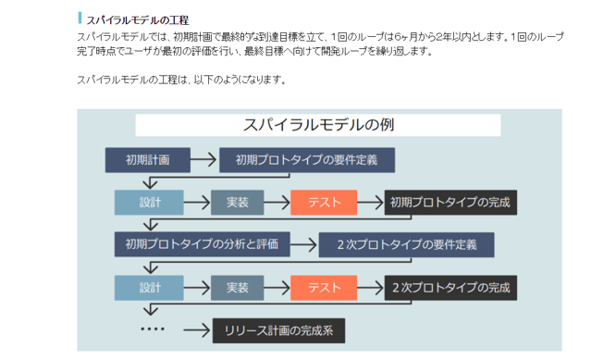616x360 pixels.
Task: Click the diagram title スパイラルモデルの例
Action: pyautogui.click(x=317, y=125)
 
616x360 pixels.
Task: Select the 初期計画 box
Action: pyautogui.click(x=147, y=159)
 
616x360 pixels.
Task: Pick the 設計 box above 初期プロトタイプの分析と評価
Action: pyautogui.click(x=149, y=202)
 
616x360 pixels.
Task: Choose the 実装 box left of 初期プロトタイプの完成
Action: pyautogui.click(x=237, y=202)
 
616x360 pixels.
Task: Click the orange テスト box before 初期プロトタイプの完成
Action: pyautogui.click(x=323, y=202)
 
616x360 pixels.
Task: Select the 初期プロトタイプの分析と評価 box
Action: pyautogui.click(x=202, y=244)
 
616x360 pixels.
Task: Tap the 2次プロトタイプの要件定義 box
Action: pyautogui.click(x=407, y=244)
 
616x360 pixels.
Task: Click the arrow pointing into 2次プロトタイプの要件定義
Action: pyautogui.click(x=303, y=244)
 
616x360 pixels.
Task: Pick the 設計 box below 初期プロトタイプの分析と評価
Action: pyautogui.click(x=149, y=287)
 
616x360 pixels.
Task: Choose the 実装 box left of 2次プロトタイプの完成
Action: pyautogui.click(x=237, y=287)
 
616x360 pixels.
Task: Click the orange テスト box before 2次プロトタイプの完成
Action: pyautogui.click(x=323, y=287)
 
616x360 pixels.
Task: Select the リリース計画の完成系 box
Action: pyautogui.click(x=279, y=329)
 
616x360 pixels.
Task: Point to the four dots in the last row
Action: pyautogui.click(x=152, y=329)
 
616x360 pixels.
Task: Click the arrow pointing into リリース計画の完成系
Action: pyautogui.click(x=195, y=329)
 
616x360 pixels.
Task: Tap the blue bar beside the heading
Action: pyautogui.click(x=80, y=19)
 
